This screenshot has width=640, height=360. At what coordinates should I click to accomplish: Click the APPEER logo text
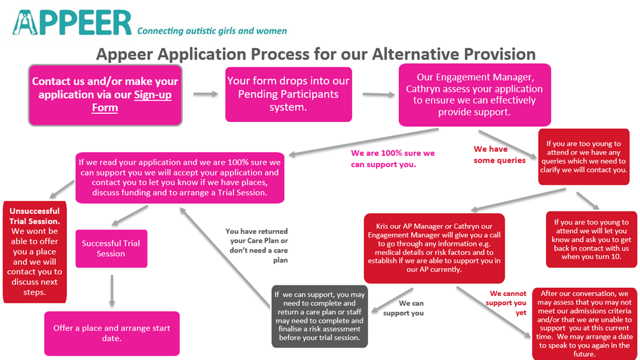72,23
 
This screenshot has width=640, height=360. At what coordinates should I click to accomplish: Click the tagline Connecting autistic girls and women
212,31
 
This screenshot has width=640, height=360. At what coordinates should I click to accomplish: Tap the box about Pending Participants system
288,95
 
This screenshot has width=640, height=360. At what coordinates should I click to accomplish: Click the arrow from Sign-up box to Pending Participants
206,94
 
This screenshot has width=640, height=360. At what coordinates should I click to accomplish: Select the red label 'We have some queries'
499,154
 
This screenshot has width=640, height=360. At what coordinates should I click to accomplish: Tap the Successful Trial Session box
111,249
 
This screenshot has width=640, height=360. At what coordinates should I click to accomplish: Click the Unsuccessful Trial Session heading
35,216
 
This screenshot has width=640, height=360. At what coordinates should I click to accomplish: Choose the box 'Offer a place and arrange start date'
112,333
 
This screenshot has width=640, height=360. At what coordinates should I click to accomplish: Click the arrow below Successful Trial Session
112,291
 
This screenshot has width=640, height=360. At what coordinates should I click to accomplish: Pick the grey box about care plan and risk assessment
319,316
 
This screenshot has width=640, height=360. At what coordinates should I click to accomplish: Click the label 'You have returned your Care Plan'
257,246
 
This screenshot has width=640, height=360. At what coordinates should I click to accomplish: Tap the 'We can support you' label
403,308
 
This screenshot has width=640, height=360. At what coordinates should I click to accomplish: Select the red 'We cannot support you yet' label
506,303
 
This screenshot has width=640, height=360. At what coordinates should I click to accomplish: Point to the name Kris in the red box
383,226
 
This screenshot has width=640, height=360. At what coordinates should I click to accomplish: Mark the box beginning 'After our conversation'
585,324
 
